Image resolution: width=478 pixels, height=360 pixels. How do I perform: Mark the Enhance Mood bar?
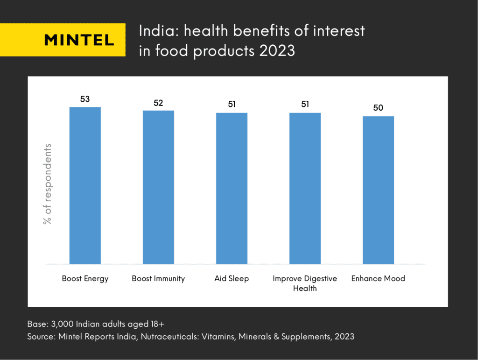point(378,190)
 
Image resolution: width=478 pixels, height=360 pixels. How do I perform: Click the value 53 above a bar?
point(85,99)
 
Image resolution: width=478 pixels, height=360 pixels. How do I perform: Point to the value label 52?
point(158,103)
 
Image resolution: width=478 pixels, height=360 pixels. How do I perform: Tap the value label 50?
point(378,108)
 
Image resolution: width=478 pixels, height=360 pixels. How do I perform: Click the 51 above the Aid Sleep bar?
point(232,105)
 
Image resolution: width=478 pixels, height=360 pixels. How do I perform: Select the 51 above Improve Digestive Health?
point(305,105)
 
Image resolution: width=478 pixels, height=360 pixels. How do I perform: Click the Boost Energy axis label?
point(85,279)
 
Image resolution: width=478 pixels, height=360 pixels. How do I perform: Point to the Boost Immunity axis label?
point(158,279)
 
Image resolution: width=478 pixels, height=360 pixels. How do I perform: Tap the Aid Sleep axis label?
point(232,279)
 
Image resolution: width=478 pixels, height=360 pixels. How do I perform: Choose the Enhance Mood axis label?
point(378,279)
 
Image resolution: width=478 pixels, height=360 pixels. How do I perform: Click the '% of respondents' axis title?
point(47,184)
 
